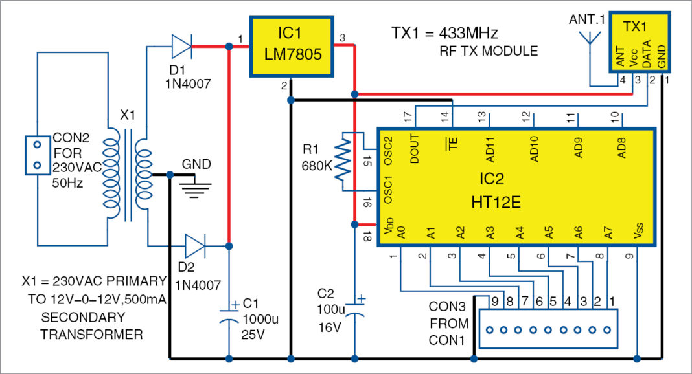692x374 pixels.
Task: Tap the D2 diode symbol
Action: pyautogui.click(x=194, y=247)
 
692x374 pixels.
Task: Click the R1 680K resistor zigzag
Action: pyautogui.click(x=343, y=162)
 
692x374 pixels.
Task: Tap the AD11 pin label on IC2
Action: pyautogui.click(x=490, y=150)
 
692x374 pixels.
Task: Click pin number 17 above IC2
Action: pyautogui.click(x=408, y=117)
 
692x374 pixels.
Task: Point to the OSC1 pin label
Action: pyautogui.click(x=387, y=192)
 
